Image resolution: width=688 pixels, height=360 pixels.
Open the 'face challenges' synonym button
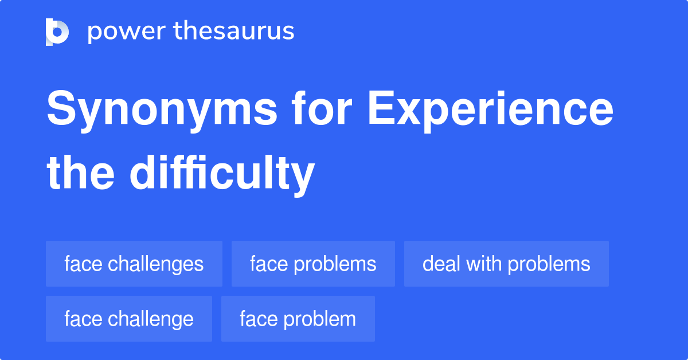coord(134,264)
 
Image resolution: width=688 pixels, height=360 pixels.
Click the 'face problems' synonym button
coord(313,264)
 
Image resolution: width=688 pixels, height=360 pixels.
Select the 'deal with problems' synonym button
coord(506,264)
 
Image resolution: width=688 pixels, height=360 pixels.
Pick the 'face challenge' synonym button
coord(129,319)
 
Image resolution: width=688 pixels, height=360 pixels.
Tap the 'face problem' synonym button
coord(298,319)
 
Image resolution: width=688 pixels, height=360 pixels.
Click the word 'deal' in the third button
coord(441,264)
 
